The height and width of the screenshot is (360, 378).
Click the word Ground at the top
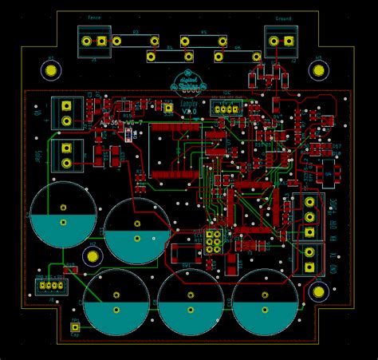[x=283, y=18]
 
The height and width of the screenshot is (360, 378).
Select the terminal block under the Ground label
[x=282, y=41]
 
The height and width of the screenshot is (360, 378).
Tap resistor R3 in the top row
[x=135, y=39]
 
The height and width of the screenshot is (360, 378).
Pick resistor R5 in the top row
[x=203, y=40]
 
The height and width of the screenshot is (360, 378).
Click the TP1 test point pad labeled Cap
[x=76, y=326]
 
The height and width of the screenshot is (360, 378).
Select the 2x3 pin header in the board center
[x=213, y=241]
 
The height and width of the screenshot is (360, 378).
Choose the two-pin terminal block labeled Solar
[x=66, y=156]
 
